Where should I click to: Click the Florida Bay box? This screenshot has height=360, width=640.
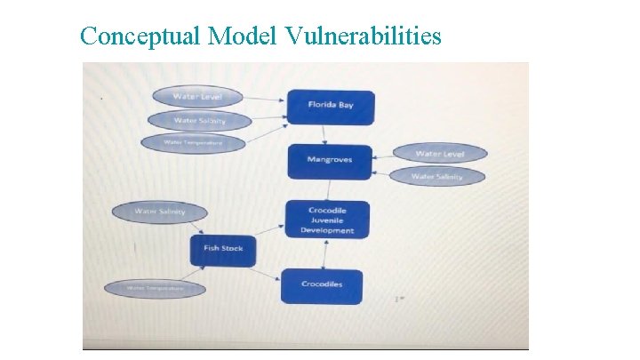click(x=330, y=106)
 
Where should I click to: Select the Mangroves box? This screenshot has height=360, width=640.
click(x=329, y=161)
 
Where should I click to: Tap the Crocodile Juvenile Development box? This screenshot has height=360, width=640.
click(x=325, y=220)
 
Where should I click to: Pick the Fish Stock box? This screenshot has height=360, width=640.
click(x=222, y=249)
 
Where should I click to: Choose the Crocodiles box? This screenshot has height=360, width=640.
click(x=321, y=285)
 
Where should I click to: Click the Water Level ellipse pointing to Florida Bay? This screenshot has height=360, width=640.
click(x=197, y=96)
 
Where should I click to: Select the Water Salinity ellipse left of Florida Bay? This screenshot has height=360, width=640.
click(x=199, y=120)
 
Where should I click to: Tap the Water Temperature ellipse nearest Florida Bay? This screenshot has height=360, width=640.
click(x=193, y=142)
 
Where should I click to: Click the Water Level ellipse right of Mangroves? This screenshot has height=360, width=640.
click(x=439, y=154)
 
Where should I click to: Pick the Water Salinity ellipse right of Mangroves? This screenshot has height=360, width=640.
click(x=437, y=176)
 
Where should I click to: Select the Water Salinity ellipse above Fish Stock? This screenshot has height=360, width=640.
click(x=159, y=212)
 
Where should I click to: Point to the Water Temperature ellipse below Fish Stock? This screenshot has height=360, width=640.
click(x=155, y=288)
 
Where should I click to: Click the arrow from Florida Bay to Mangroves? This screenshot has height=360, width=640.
click(x=325, y=133)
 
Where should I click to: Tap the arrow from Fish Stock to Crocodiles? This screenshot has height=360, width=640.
click(x=265, y=271)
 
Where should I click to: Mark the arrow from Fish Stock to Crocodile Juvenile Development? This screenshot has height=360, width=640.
click(x=267, y=229)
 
